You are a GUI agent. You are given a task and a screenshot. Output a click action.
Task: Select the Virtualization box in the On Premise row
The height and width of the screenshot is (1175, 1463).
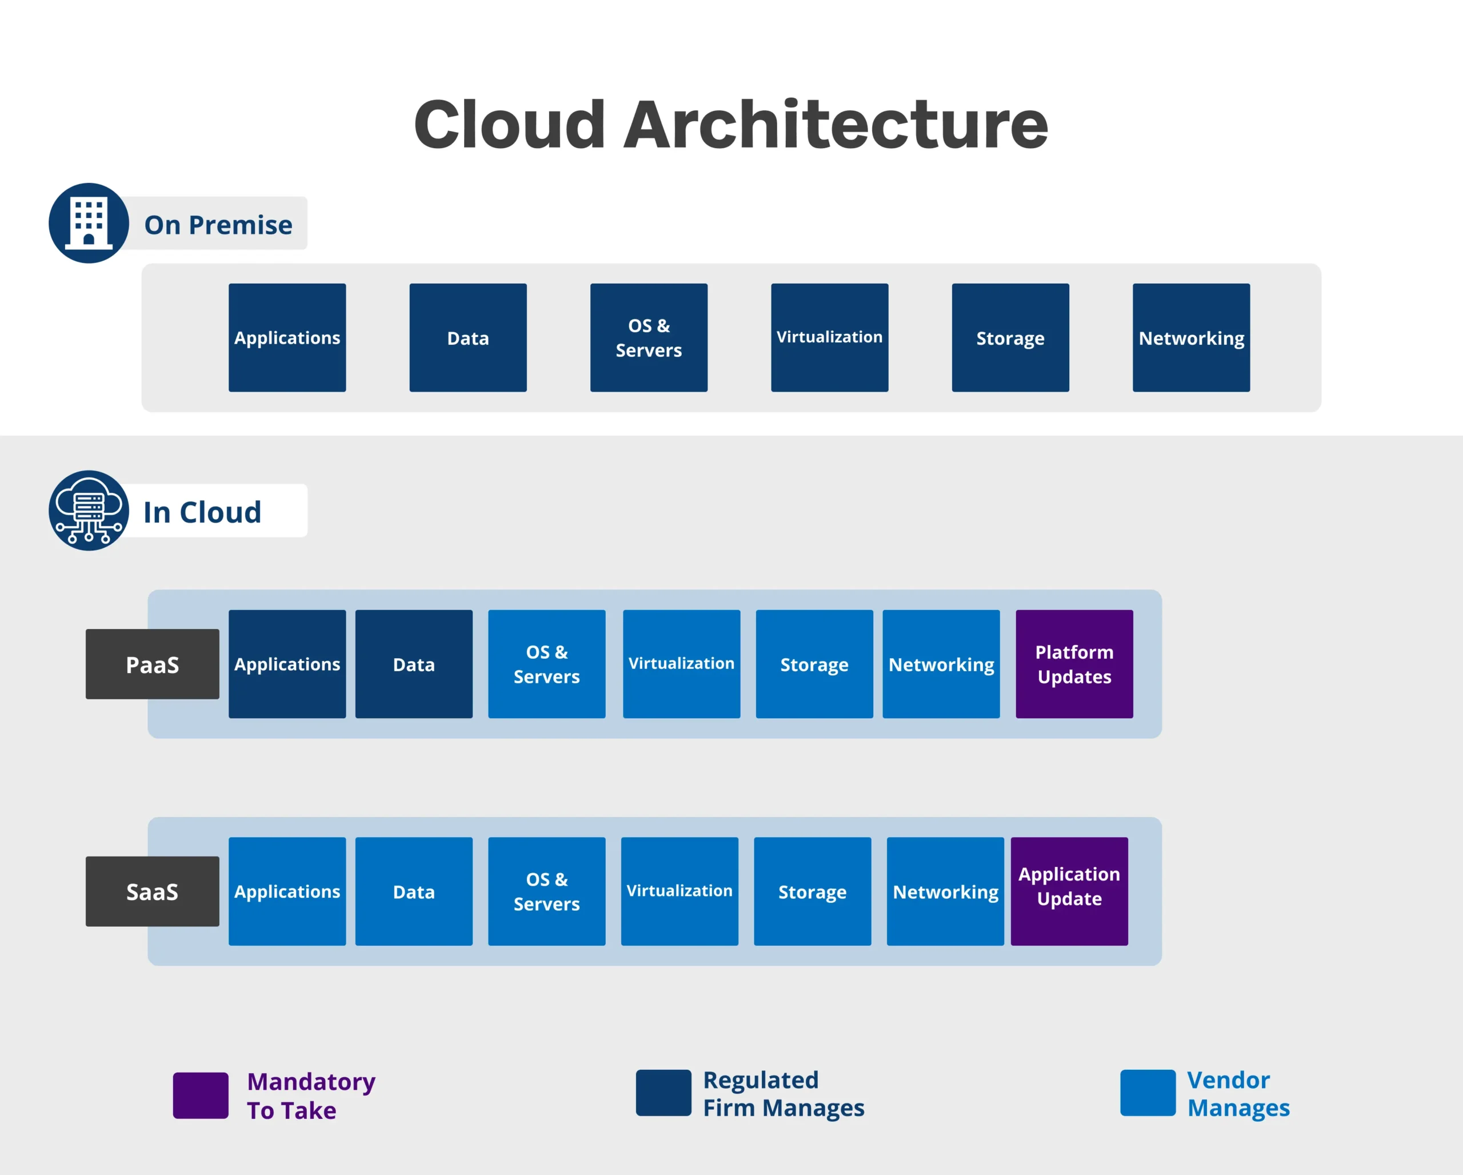point(829,337)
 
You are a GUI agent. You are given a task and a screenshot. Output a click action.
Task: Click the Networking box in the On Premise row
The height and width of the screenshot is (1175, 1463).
point(1191,337)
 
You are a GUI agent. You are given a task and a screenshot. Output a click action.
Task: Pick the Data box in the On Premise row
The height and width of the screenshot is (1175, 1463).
point(467,337)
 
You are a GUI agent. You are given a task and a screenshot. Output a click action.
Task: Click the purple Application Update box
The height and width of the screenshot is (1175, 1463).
point(1069,891)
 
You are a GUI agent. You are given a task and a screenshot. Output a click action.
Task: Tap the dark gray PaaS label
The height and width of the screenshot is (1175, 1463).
point(152,664)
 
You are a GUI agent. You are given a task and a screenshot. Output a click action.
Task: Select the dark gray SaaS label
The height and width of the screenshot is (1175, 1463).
point(152,891)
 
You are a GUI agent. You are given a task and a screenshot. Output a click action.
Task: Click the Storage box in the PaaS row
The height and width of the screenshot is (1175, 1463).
point(814,664)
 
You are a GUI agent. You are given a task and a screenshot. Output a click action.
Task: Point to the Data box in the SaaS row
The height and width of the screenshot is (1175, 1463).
point(413,891)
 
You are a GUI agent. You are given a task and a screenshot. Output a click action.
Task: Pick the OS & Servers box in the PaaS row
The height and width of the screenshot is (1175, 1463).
point(546,664)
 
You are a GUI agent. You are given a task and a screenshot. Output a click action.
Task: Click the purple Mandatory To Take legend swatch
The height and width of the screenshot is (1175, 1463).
point(200,1095)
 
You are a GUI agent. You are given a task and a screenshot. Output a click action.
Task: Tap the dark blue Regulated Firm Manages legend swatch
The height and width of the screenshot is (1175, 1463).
point(663,1092)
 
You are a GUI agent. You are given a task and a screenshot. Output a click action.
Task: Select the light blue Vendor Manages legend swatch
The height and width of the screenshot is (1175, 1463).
point(1148,1092)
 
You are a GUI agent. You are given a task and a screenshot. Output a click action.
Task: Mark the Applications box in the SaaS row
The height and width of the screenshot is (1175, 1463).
point(287,891)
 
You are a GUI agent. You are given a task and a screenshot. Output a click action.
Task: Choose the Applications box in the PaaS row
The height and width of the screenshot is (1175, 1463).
point(287,664)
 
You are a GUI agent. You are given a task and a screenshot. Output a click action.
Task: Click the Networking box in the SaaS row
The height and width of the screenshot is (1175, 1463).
point(945,891)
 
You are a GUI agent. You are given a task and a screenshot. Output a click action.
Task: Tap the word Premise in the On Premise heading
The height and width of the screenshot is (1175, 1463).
point(240,225)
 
